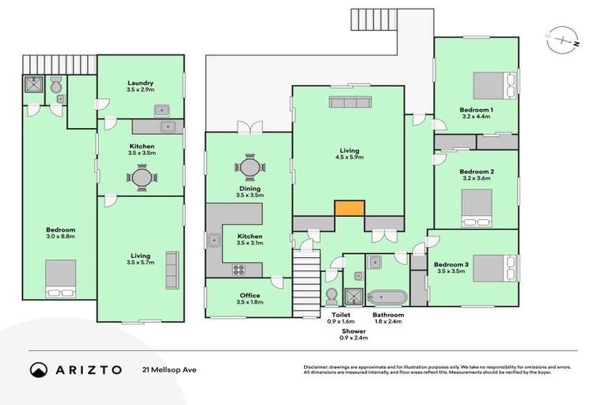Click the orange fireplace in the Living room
pos(349,209)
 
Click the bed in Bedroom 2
pos(476,207)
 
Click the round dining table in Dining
pos(249,168)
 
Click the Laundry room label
pos(140,83)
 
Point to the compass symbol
pos(560,39)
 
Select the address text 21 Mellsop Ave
pos(169,369)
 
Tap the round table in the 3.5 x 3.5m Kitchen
pos(140,177)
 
